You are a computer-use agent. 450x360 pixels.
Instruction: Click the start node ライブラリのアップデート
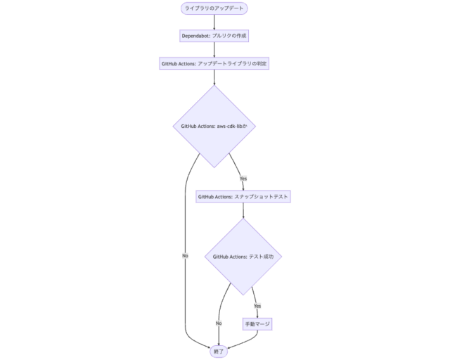pos(214,8)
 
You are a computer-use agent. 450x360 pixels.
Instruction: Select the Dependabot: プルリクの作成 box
pos(214,35)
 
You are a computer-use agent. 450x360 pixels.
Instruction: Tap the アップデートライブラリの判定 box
pos(214,63)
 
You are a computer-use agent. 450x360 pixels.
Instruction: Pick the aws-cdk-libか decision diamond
pos(214,127)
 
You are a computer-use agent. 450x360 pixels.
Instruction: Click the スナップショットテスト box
pos(243,197)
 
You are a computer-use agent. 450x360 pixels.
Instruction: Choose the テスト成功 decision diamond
pos(243,257)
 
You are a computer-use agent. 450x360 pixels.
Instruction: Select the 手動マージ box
pos(257,323)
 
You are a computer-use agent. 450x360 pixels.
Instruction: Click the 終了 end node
pos(219,351)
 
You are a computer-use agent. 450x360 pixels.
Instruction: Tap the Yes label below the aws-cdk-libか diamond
pos(243,178)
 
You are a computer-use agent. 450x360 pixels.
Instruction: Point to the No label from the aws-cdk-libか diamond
pos(185,255)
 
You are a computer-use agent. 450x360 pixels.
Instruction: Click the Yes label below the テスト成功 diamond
pos(257,306)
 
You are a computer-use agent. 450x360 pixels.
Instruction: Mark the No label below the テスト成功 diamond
pos(219,323)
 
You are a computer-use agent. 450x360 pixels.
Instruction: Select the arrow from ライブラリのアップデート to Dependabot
pos(214,22)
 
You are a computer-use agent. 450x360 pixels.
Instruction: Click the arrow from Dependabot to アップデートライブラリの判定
pos(214,49)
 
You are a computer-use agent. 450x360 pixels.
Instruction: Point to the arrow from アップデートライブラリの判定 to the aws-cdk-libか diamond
pos(214,77)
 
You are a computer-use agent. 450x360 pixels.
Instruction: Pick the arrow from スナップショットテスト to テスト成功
pos(243,211)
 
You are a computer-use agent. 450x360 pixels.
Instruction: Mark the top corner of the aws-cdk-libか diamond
pos(214,86)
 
